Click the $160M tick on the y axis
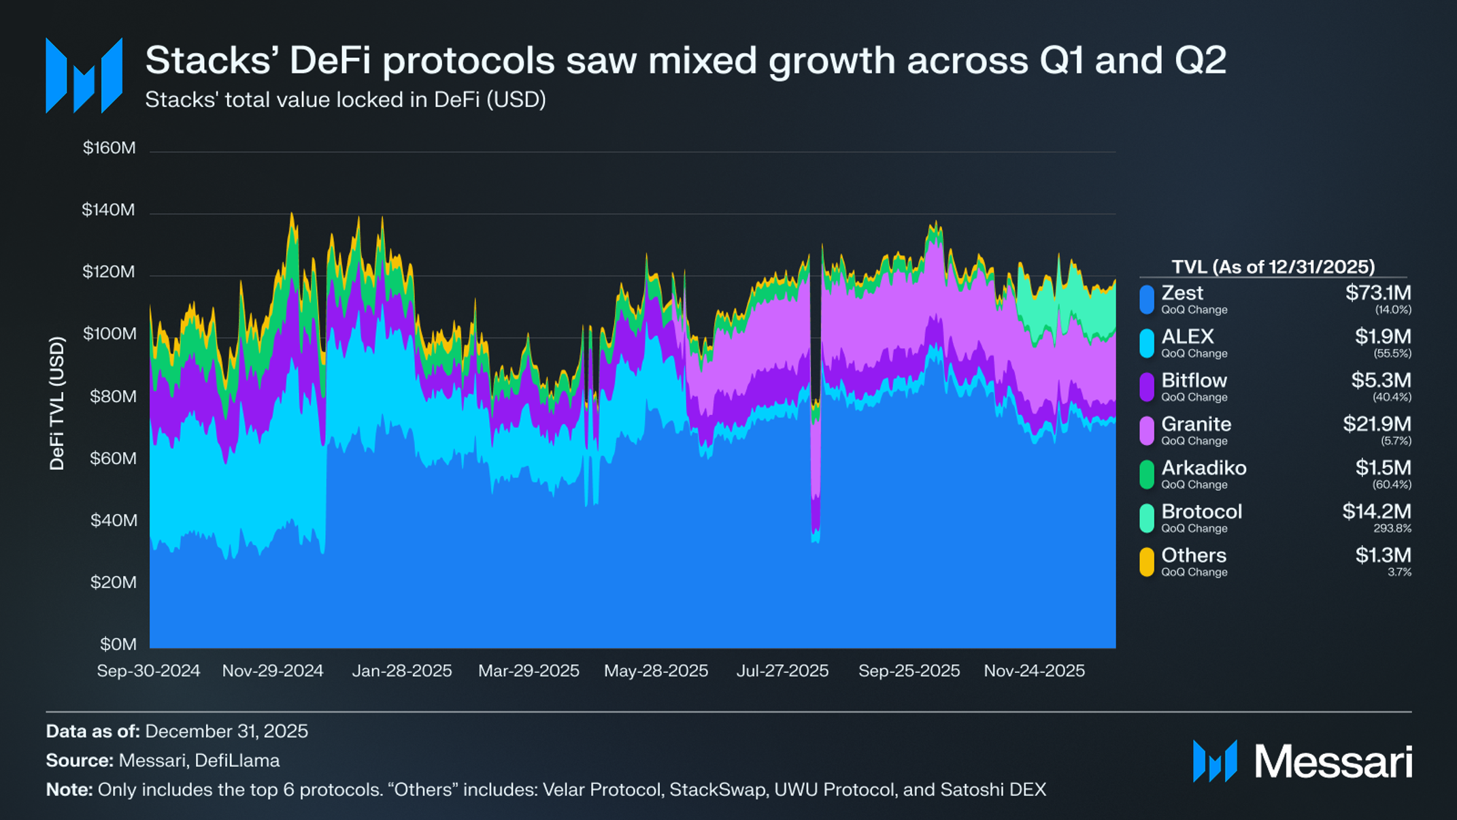[x=109, y=148]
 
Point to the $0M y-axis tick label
[x=118, y=644]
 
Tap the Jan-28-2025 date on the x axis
[x=401, y=671]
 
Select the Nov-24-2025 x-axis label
[x=1034, y=671]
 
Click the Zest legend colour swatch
[x=1147, y=300]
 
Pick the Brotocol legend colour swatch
[x=1147, y=519]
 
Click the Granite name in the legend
[x=1196, y=424]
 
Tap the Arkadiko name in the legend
[x=1203, y=468]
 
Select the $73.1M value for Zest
[x=1378, y=293]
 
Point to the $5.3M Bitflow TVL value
[x=1381, y=380]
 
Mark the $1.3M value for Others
[x=1383, y=555]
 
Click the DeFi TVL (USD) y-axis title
[x=57, y=404]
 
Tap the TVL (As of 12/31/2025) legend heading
[x=1273, y=267]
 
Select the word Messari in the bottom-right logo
[x=1333, y=761]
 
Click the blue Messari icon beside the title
[x=84, y=76]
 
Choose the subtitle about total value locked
[x=346, y=100]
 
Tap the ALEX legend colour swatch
[x=1147, y=344]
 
